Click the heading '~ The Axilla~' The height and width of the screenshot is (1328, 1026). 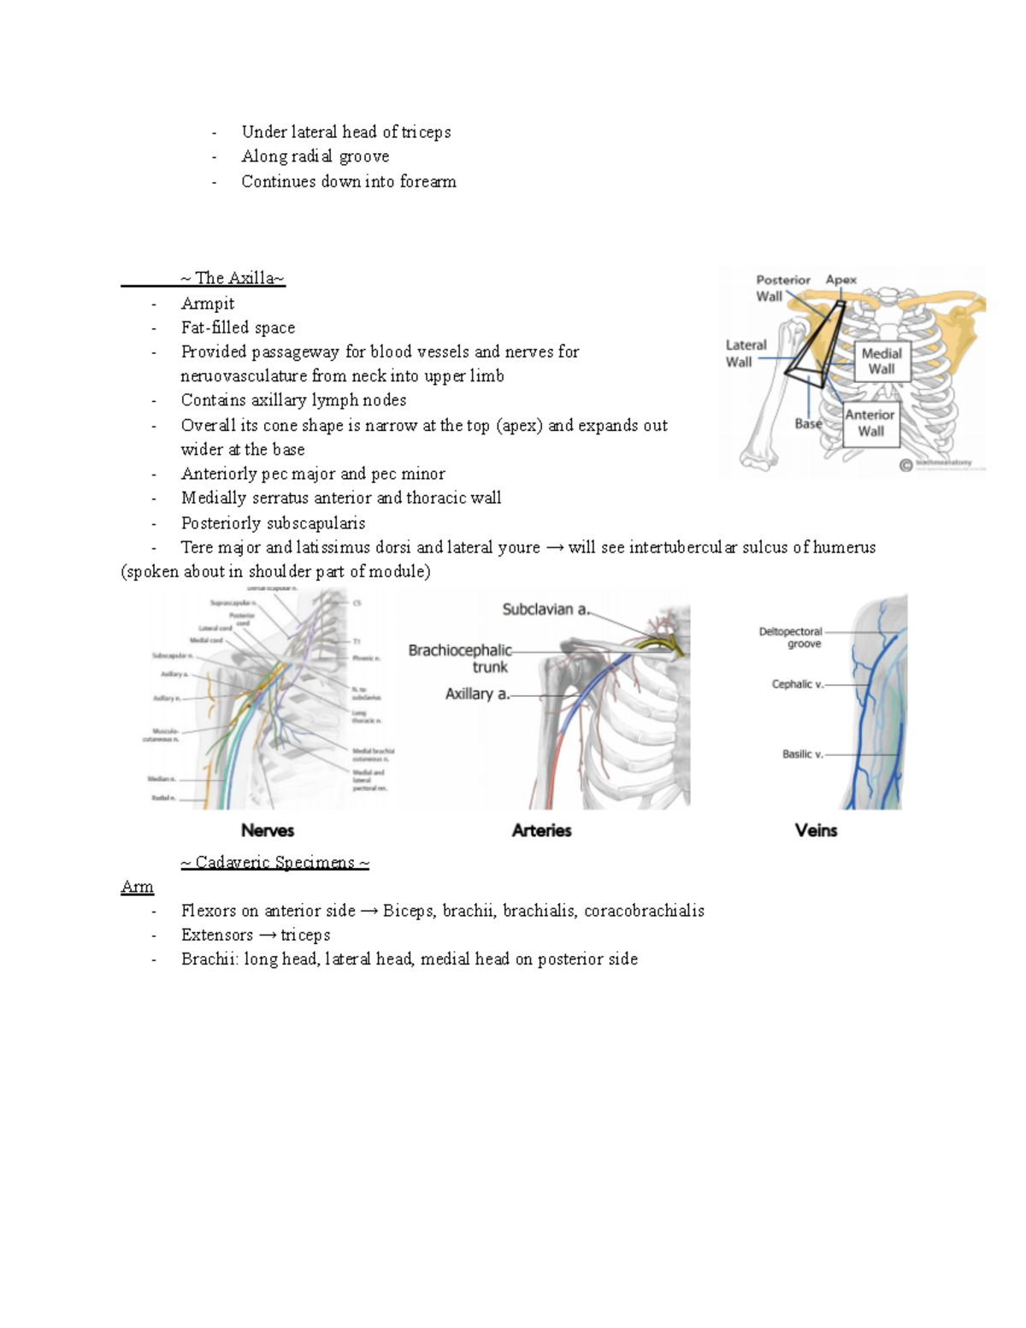point(233,278)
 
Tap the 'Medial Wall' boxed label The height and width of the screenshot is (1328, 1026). point(881,361)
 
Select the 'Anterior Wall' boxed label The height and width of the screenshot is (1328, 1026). point(870,422)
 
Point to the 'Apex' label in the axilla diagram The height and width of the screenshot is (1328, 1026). point(840,280)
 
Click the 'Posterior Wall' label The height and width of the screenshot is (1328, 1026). point(782,288)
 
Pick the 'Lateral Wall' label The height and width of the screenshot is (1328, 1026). point(746,353)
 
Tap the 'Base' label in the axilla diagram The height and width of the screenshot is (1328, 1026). point(808,423)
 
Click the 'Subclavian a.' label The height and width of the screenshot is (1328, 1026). point(545,610)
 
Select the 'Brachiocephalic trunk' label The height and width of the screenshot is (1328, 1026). point(460,658)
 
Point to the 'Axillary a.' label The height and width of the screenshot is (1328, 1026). point(477,694)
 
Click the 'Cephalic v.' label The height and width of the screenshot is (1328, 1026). point(798,684)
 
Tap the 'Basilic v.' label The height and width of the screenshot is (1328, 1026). point(802,754)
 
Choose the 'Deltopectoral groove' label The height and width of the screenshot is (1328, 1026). point(791,638)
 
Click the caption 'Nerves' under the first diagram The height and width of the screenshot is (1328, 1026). point(268,830)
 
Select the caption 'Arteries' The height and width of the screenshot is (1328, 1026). point(541,830)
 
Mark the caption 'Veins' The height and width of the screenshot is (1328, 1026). point(816,830)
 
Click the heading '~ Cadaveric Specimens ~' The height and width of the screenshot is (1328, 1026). point(274,862)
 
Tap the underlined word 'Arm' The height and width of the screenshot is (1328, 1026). point(137,887)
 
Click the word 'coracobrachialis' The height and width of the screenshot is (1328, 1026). point(644,911)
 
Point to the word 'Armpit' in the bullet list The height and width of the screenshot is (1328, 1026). point(208,304)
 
